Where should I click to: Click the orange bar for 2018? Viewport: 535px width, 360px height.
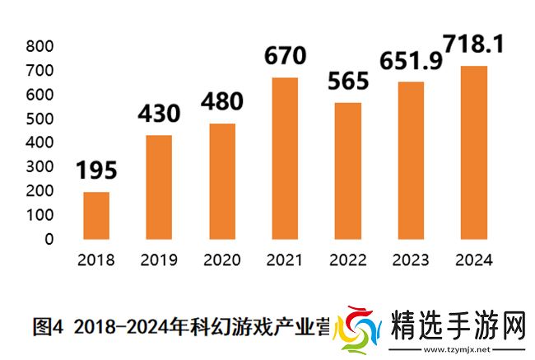click(x=96, y=215)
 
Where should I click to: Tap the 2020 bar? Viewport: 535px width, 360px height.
click(x=221, y=181)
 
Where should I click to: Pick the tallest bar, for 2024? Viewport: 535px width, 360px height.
click(x=473, y=152)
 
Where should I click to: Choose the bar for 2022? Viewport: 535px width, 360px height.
click(x=347, y=171)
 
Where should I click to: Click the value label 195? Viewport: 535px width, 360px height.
click(x=96, y=171)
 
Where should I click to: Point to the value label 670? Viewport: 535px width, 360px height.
click(x=285, y=56)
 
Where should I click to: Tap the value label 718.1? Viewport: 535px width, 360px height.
click(x=473, y=41)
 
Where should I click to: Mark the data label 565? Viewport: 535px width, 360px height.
click(x=347, y=82)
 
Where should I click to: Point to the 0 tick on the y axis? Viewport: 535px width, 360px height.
click(x=49, y=239)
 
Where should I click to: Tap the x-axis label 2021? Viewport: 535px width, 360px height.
click(x=285, y=260)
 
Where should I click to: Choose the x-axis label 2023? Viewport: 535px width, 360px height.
click(x=410, y=260)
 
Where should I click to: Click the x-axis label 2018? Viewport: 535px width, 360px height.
click(x=96, y=260)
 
